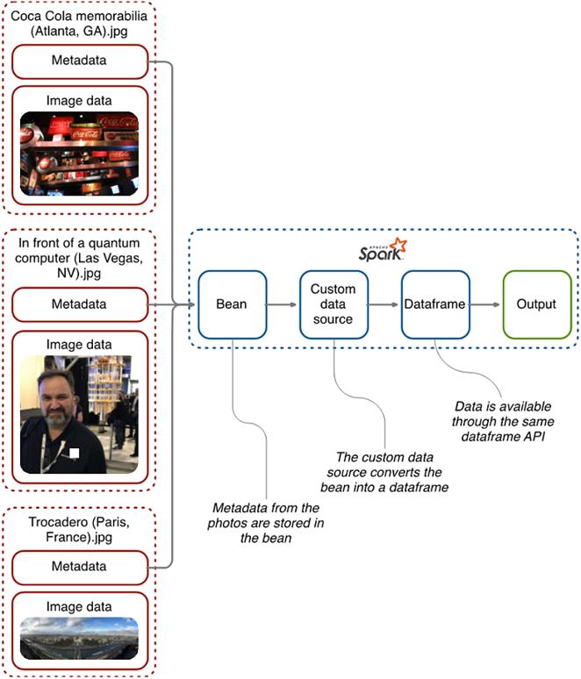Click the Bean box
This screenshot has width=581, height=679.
[x=232, y=304]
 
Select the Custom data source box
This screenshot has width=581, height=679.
[x=333, y=304]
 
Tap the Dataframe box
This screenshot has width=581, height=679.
[x=434, y=304]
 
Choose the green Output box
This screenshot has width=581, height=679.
[x=535, y=304]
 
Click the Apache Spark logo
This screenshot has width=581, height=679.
[x=383, y=250]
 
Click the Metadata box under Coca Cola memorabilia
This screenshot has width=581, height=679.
[x=79, y=61]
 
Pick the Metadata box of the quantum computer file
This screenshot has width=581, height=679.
[x=79, y=304]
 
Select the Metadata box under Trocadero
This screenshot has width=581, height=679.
[x=79, y=567]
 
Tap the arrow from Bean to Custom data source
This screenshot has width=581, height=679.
[x=282, y=304]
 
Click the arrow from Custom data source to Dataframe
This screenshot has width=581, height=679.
[x=384, y=304]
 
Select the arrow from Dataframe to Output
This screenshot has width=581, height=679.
[x=484, y=304]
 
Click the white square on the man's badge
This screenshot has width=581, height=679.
[x=75, y=453]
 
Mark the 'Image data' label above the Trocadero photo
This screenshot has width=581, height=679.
[x=79, y=606]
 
